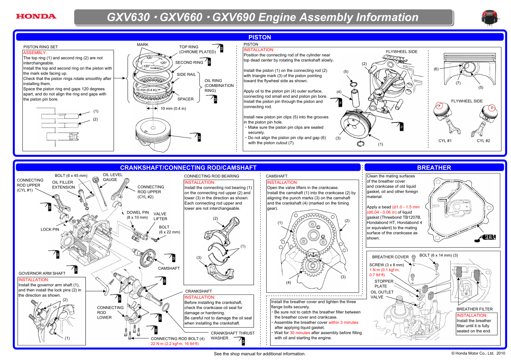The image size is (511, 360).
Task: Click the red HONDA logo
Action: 36,16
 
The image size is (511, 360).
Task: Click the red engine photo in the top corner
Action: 489,18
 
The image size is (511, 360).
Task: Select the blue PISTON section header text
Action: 259,37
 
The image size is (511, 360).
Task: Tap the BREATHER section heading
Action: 434,168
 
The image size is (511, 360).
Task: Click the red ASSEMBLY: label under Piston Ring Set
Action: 35,53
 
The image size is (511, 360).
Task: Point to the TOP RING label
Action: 189,47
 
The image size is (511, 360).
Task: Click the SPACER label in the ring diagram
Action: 185,99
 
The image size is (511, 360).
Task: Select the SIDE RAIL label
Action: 186,75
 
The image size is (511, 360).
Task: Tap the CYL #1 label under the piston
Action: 445,141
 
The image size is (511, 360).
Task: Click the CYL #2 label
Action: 483,141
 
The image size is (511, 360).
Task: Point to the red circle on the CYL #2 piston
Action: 492,108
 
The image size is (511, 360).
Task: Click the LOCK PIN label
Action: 50,229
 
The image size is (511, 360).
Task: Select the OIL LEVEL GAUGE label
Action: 112,177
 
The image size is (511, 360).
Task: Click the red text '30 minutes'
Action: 300,333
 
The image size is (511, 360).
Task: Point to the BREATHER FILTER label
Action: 474,309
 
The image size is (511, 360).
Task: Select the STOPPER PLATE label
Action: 383,284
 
